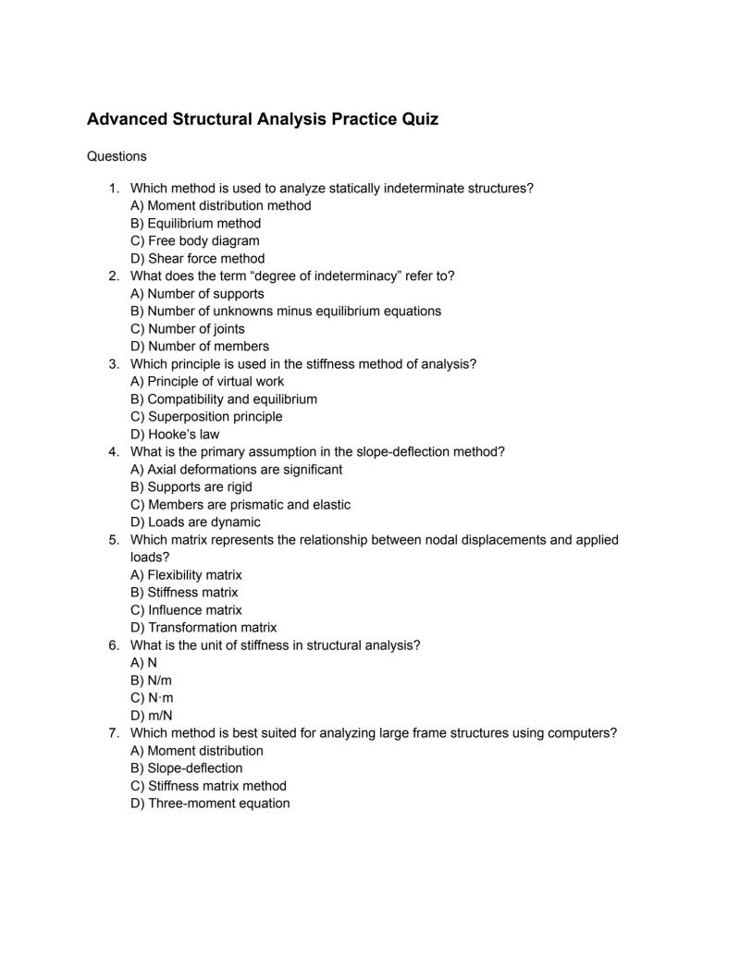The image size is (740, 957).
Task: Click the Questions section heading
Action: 117,156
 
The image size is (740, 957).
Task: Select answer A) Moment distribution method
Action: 220,205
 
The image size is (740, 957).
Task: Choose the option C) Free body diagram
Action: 194,240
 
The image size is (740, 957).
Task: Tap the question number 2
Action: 113,276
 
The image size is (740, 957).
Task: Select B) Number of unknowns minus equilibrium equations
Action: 286,311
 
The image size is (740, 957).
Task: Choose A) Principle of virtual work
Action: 207,381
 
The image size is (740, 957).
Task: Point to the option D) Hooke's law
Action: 175,434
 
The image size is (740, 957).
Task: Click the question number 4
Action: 113,451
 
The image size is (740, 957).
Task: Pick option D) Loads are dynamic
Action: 191,521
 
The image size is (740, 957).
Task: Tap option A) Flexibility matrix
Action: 186,574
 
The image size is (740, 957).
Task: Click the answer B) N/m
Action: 152,680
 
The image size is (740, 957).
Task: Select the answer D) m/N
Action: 152,715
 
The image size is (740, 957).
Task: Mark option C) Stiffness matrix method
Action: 208,785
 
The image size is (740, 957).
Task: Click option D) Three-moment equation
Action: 210,803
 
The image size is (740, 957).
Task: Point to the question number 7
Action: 113,732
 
